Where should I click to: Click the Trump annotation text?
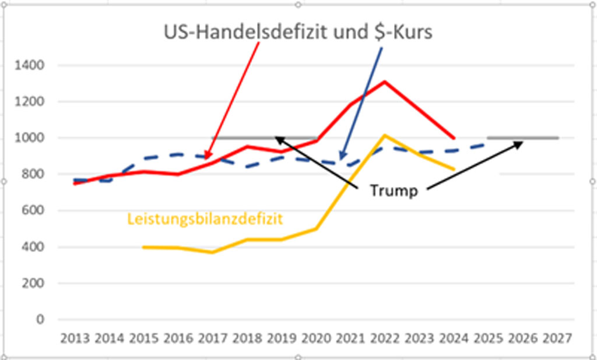pyautogui.click(x=394, y=190)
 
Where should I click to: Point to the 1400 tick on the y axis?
pyautogui.click(x=33, y=65)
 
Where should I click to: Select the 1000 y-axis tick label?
pyautogui.click(x=33, y=138)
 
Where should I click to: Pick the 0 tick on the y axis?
pyautogui.click(x=40, y=320)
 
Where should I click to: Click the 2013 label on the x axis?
pyautogui.click(x=76, y=338)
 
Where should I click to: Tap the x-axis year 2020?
pyautogui.click(x=316, y=338)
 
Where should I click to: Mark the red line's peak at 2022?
pyautogui.click(x=385, y=82)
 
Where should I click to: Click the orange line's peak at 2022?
pyautogui.click(x=385, y=135)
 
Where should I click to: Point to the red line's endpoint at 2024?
pyautogui.click(x=454, y=138)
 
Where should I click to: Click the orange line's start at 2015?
pyautogui.click(x=145, y=247)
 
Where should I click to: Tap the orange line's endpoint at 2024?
pyautogui.click(x=454, y=169)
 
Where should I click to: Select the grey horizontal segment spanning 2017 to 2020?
pyautogui.click(x=262, y=138)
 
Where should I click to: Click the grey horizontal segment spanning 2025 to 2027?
pyautogui.click(x=522, y=138)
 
